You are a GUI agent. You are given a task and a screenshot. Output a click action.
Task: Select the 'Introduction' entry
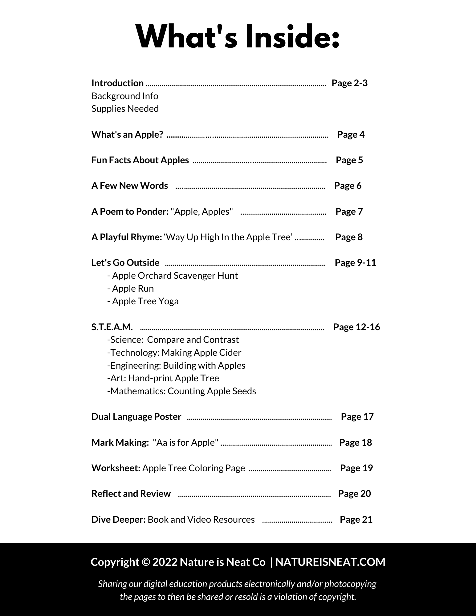117,83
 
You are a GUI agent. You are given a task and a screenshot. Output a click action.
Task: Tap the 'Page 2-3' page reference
349,83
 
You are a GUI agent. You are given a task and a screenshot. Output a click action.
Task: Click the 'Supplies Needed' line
125,109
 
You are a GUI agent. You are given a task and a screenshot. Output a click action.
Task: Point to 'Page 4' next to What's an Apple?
351,135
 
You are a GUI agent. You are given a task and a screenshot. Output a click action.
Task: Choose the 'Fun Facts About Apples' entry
140,160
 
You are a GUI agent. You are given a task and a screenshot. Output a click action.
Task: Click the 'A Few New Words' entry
130,186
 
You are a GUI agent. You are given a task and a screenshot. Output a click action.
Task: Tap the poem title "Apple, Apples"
201,212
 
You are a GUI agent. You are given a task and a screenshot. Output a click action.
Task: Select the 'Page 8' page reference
349,237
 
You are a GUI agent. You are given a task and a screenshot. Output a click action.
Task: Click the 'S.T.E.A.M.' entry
112,327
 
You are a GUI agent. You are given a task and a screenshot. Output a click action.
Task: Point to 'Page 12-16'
356,327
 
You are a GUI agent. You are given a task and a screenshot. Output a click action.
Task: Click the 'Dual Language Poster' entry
136,417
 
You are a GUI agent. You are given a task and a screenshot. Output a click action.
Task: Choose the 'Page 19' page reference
356,468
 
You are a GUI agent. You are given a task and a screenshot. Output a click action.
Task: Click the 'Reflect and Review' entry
131,494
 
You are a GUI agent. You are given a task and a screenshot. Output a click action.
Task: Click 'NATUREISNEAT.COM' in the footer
330,562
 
